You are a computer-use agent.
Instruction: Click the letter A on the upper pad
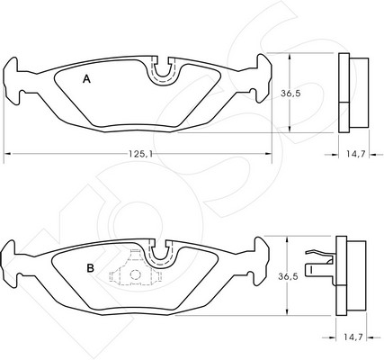click(x=86, y=79)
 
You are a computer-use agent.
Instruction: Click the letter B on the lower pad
click(x=90, y=268)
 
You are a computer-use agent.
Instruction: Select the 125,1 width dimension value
click(x=141, y=154)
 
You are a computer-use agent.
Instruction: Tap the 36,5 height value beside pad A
click(x=290, y=94)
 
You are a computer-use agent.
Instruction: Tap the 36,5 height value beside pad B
click(x=288, y=276)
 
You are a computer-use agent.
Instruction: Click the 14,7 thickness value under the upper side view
click(x=355, y=154)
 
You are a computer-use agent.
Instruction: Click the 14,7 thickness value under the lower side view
click(x=353, y=337)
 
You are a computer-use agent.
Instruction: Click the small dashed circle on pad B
click(x=135, y=274)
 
